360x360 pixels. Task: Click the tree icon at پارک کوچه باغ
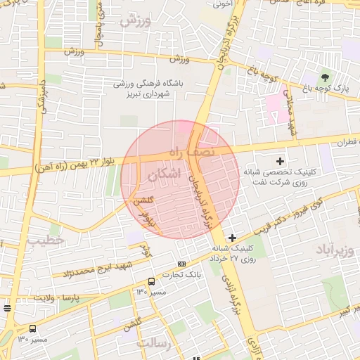325,76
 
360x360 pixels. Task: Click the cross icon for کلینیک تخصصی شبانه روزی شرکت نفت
280,162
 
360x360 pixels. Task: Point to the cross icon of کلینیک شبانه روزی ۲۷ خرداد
233,238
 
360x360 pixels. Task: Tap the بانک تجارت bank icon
182,264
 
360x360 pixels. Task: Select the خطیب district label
46,240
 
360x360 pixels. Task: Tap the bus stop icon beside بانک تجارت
152,281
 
